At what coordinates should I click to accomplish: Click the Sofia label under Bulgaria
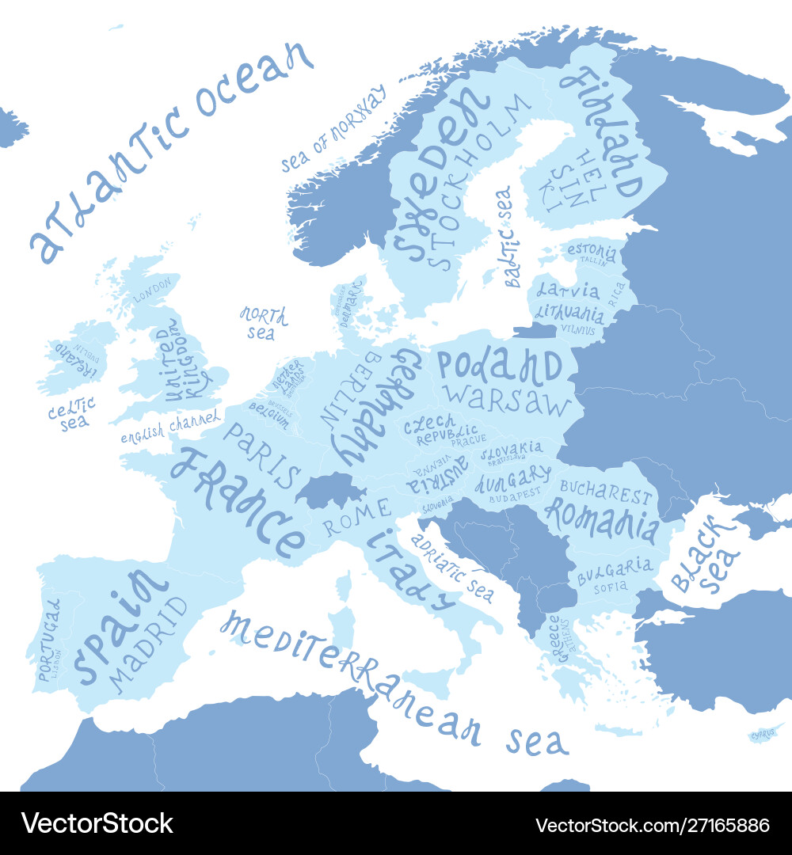pyautogui.click(x=610, y=587)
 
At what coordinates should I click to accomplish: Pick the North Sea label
pyautogui.click(x=264, y=323)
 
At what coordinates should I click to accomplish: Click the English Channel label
pyautogui.click(x=171, y=427)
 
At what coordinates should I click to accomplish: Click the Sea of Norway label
pyautogui.click(x=333, y=129)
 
